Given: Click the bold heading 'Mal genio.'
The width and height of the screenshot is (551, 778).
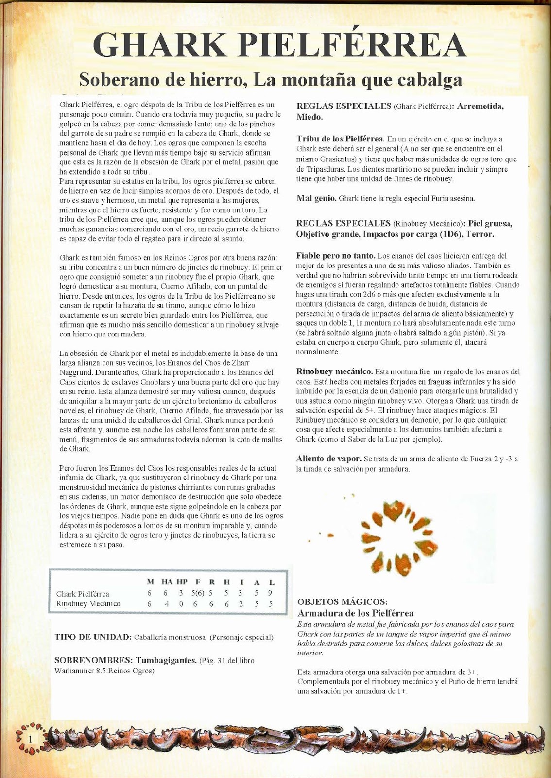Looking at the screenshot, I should click(316, 198).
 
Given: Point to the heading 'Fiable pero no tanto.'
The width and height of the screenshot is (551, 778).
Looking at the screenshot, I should click(335, 256).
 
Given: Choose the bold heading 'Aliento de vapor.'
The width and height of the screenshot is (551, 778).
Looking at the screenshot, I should click(328, 459).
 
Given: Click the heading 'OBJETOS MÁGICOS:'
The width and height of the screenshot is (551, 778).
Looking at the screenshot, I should click(342, 602).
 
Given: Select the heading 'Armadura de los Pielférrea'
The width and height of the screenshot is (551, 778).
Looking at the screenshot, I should click(355, 613).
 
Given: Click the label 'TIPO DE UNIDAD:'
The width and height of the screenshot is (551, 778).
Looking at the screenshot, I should click(93, 637).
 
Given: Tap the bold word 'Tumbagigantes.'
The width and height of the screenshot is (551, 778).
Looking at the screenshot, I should click(166, 660).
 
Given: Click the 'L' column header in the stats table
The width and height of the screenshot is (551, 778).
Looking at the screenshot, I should click(271, 582).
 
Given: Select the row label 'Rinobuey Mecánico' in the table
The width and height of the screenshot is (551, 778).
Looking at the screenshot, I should click(88, 604).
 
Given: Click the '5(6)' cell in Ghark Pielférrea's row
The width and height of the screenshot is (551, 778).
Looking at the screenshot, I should click(197, 593).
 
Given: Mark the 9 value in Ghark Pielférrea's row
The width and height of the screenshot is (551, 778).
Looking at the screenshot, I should click(270, 593).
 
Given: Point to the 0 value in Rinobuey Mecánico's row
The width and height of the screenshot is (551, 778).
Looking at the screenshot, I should click(182, 604).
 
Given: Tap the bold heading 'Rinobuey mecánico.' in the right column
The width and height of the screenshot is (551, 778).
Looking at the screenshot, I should click(334, 371).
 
